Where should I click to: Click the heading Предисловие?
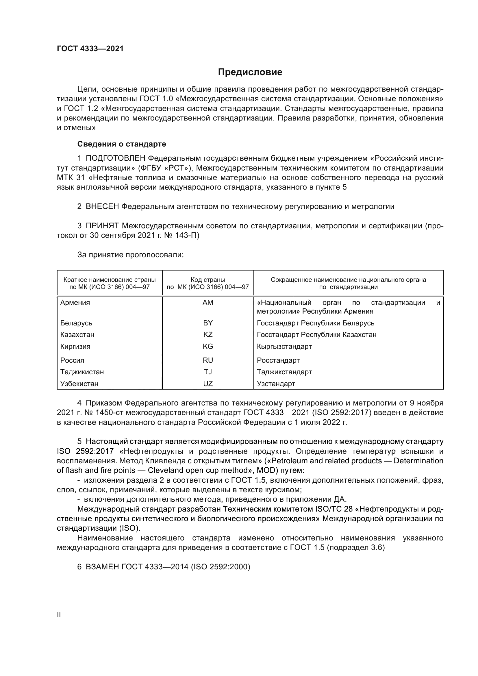[250, 72]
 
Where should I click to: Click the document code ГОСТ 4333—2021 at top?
[90, 49]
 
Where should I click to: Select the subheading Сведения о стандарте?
[122, 144]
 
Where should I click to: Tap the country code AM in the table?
[208, 303]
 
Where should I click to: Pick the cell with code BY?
[208, 323]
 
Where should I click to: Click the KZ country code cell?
[208, 335]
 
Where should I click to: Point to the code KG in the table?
[208, 347]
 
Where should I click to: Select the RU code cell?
[208, 360]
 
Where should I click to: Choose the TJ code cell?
[208, 372]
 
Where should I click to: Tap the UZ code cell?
[208, 384]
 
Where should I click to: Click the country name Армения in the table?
[75, 303]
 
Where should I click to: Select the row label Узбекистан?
[79, 384]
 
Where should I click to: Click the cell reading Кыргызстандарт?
[284, 347]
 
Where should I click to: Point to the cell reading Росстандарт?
[278, 360]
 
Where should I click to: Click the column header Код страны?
[208, 280]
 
